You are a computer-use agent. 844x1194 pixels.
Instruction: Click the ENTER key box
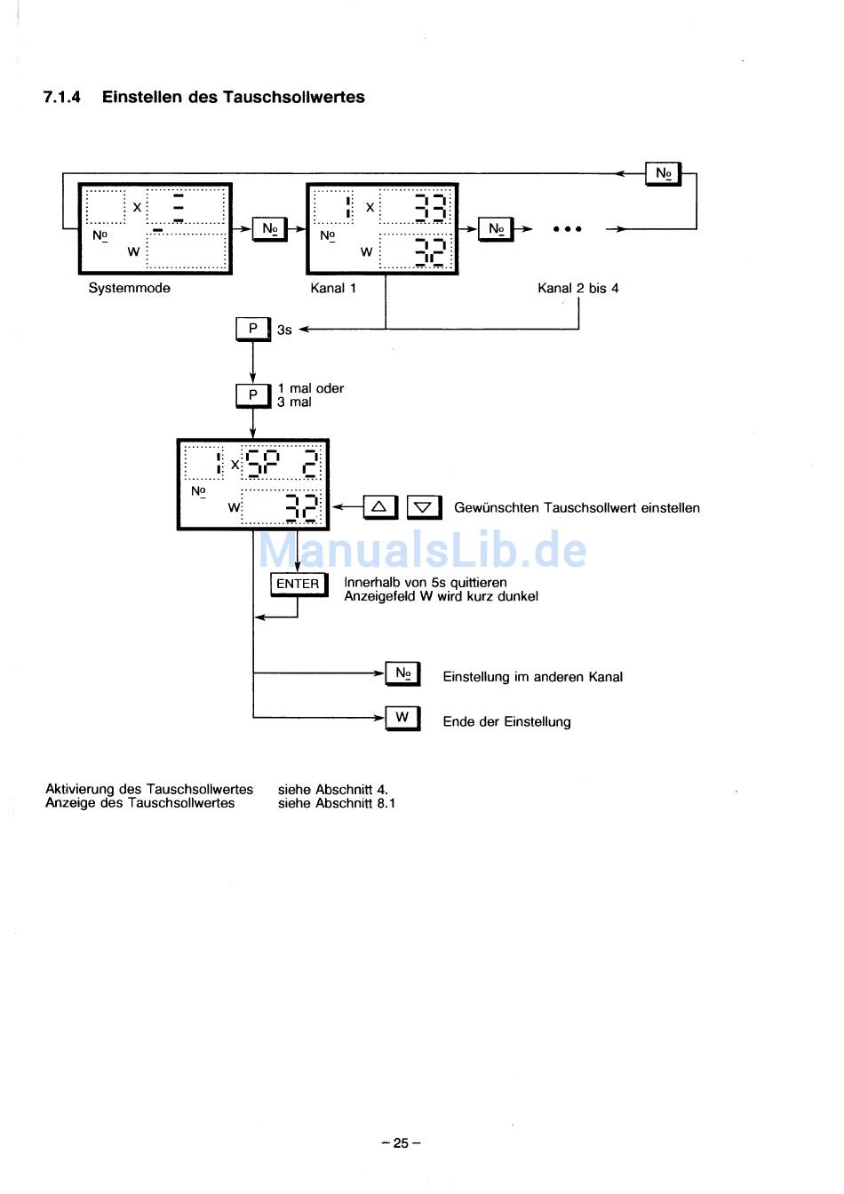click(x=298, y=584)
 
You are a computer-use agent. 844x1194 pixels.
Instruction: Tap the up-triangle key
click(x=379, y=507)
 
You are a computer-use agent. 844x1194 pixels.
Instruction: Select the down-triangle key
click(x=424, y=507)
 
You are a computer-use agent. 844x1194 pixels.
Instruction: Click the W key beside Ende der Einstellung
click(x=402, y=718)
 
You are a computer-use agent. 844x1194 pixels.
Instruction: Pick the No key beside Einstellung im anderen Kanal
click(x=402, y=673)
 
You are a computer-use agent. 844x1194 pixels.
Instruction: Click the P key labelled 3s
click(x=253, y=329)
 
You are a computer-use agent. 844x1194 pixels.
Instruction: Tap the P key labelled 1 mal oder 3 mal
click(x=253, y=394)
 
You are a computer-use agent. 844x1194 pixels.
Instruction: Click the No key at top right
click(x=663, y=173)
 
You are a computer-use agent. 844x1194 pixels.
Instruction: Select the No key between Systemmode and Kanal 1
click(x=269, y=229)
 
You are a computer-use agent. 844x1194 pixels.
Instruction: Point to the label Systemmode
click(x=129, y=288)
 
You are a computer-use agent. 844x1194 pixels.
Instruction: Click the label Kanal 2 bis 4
click(x=577, y=288)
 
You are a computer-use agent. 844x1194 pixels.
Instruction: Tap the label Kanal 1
click(x=333, y=288)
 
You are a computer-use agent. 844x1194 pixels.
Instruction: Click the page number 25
click(x=401, y=1143)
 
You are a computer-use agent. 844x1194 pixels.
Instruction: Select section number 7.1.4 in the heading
click(x=61, y=98)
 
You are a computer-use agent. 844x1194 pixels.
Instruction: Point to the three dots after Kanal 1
click(x=567, y=229)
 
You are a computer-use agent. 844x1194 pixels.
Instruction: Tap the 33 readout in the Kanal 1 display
click(x=431, y=209)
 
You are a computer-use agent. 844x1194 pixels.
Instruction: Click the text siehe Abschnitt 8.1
click(x=336, y=803)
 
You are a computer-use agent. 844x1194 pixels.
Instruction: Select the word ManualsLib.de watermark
click(x=422, y=551)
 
